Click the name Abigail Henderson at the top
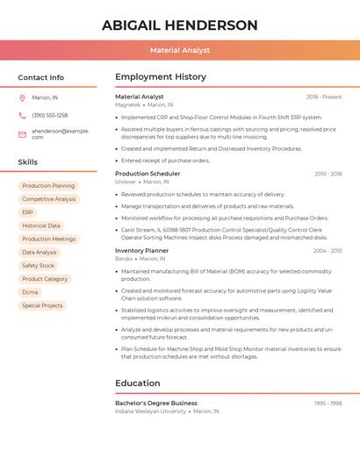(x=179, y=25)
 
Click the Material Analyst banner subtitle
(x=179, y=51)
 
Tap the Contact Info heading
(x=41, y=77)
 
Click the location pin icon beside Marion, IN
(x=22, y=97)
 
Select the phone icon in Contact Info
(x=22, y=115)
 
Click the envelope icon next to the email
(x=22, y=134)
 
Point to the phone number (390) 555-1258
(x=49, y=115)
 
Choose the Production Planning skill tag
(x=48, y=186)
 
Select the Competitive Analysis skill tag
(x=49, y=199)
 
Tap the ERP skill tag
(x=27, y=212)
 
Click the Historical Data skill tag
(x=41, y=225)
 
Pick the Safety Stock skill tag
(x=38, y=266)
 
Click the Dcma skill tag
(x=30, y=292)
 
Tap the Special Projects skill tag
(x=42, y=305)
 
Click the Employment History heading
(x=161, y=77)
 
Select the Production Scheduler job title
(x=148, y=174)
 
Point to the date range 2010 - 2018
(x=328, y=174)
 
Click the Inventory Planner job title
(x=142, y=251)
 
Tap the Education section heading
(x=138, y=383)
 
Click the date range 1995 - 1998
(x=328, y=404)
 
